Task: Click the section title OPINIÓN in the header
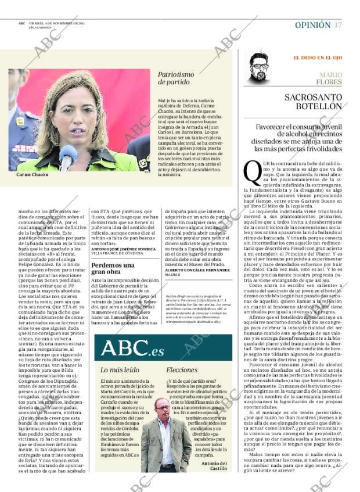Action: pos(312,25)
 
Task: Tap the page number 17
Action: pos(338,25)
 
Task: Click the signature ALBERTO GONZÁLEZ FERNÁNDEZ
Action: pos(198,270)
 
